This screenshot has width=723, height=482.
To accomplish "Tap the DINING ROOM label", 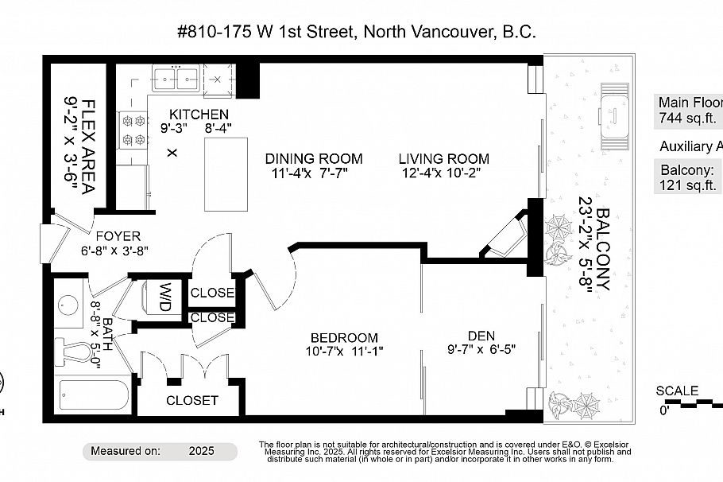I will [314, 158].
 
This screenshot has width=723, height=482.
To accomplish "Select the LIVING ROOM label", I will [443, 158].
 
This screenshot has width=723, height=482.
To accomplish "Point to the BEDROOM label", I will [344, 337].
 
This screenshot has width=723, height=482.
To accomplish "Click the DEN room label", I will [481, 335].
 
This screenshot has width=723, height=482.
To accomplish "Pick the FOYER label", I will [118, 236].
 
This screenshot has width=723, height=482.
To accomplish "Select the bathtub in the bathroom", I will [94, 396].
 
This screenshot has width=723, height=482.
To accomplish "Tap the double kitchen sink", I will [176, 78].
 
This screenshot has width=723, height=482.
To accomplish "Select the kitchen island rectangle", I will [223, 171].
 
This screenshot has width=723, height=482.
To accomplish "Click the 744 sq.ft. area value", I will [688, 119].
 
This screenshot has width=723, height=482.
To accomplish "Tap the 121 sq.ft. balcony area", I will [689, 185].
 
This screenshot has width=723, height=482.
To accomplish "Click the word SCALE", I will [677, 391].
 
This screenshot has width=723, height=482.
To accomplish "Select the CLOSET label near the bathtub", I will [191, 400].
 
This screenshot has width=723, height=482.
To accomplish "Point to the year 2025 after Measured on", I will [202, 450].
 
